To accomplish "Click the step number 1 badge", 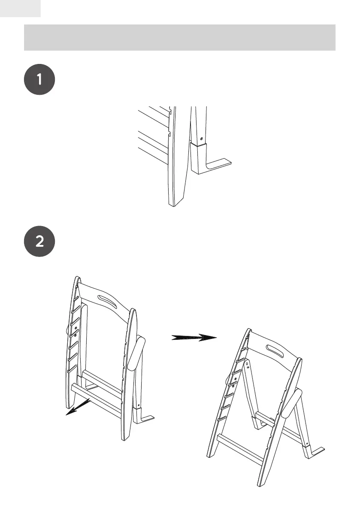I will pos(39,79).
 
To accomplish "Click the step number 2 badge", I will pos(39,242).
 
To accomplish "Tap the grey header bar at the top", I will pos(179,37).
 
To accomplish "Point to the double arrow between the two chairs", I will pos(194,337).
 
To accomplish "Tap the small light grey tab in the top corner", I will pos(20,8).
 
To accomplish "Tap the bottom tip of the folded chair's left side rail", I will pos(69,405).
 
